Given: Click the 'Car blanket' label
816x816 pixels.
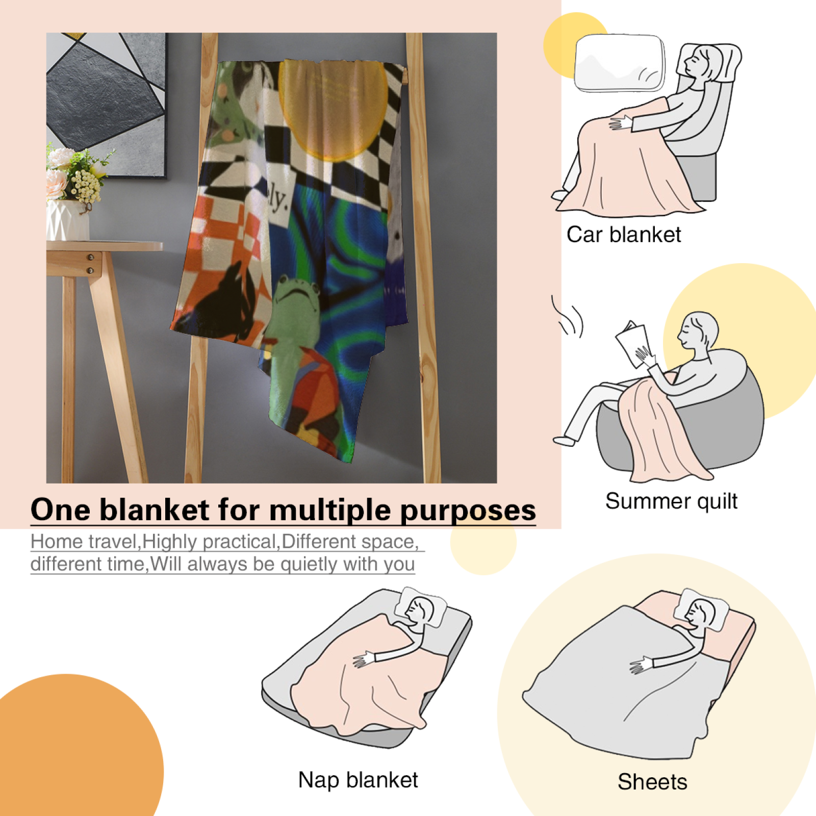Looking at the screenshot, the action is pyautogui.click(x=623, y=235).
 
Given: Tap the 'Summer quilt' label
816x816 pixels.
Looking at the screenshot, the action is pyautogui.click(x=671, y=501).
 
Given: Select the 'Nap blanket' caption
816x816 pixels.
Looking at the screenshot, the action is pyautogui.click(x=358, y=780).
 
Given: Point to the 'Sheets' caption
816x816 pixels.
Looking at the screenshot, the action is pyautogui.click(x=652, y=782).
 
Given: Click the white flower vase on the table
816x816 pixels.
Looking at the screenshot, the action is pyautogui.click(x=68, y=220).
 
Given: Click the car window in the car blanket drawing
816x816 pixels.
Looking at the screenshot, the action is pyautogui.click(x=620, y=63).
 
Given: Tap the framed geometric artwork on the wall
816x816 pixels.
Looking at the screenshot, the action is pyautogui.click(x=107, y=105).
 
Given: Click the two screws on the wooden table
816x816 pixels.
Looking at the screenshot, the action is pyautogui.click(x=90, y=264).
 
